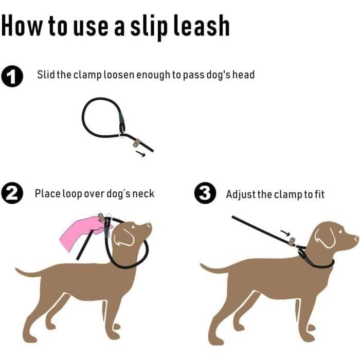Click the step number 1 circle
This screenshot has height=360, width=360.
pyautogui.click(x=12, y=77)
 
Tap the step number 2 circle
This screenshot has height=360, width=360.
pyautogui.click(x=12, y=193)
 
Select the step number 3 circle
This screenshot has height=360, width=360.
pyautogui.click(x=205, y=193)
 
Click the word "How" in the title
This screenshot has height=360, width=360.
pyautogui.click(x=22, y=25)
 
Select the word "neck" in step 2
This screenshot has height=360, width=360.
pyautogui.click(x=143, y=193)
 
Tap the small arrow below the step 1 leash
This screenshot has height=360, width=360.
pyautogui.click(x=140, y=153)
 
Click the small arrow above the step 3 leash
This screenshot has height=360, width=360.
pyautogui.click(x=285, y=233)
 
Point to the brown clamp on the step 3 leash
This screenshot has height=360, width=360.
pyautogui.click(x=292, y=242)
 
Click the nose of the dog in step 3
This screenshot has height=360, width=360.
pyautogui.click(x=356, y=238)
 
